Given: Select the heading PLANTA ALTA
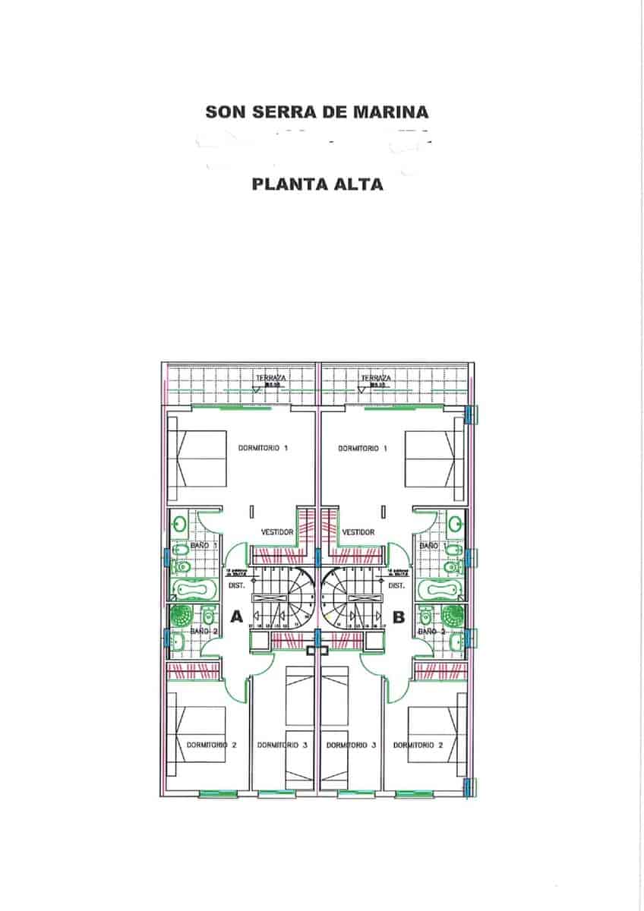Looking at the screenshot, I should click(317, 184).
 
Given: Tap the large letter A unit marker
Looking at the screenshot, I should click(236, 616).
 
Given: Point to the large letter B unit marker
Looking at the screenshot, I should click(399, 616).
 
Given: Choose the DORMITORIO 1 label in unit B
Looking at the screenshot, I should click(363, 449).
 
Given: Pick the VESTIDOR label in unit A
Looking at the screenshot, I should click(277, 532).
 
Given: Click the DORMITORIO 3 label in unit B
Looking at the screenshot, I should click(351, 746).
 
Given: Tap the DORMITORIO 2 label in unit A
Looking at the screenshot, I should click(212, 746).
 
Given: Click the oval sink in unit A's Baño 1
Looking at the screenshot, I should click(180, 523).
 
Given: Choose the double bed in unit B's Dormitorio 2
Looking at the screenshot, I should click(436, 735).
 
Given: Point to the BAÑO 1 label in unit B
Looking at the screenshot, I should click(430, 546).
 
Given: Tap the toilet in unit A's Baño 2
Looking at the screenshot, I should click(207, 616).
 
